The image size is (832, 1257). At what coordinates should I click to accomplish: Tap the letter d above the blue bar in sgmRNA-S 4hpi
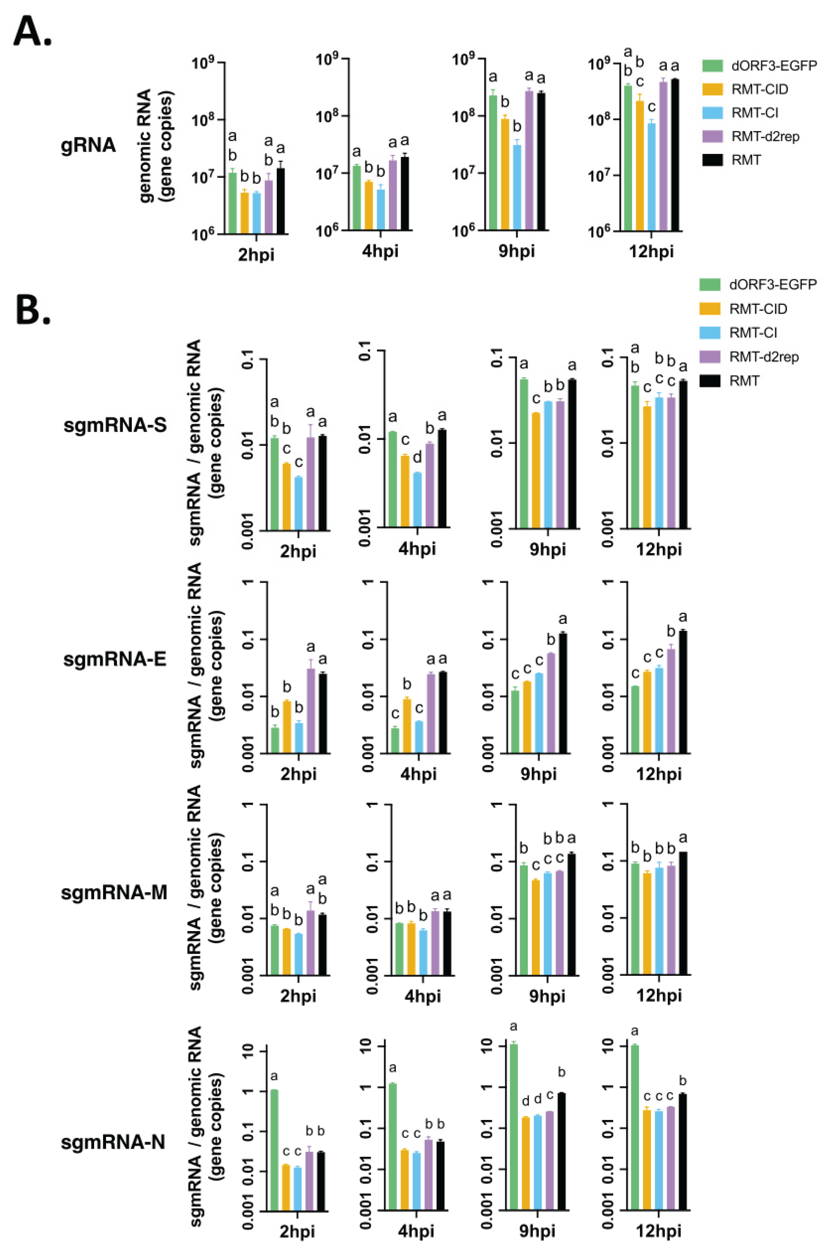click(418, 457)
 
